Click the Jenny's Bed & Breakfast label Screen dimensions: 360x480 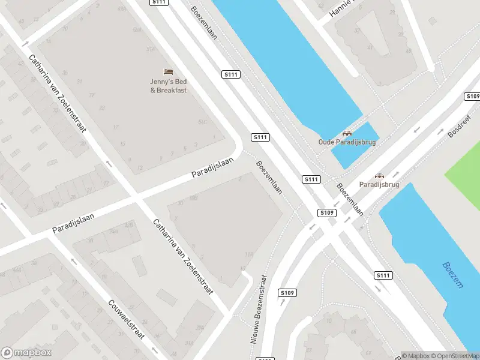[169, 86]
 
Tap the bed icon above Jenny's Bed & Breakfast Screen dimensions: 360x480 [169, 71]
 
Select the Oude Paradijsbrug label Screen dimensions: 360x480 [347, 142]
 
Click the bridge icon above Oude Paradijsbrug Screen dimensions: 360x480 [347, 133]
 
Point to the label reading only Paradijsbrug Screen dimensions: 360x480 [379, 185]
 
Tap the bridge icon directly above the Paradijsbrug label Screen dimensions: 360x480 [379, 176]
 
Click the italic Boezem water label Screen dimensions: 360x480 [453, 275]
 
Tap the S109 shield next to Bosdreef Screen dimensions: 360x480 [473, 97]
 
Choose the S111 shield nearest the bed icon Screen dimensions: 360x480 [231, 74]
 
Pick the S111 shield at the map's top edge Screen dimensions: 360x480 [159, 3]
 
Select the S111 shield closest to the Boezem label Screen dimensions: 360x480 [384, 275]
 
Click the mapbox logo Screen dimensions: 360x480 [26, 352]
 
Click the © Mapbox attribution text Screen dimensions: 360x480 [417, 355]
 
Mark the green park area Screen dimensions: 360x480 [465, 171]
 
